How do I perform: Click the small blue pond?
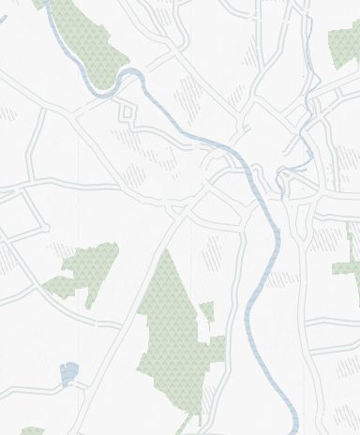tap(67, 374)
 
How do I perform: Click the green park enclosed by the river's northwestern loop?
tap(89, 42)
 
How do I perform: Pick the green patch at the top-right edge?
tap(345, 45)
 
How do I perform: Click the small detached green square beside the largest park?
tap(207, 311)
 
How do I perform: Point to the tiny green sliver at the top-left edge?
tap(39, 4)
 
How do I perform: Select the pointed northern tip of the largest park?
tap(166, 255)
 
